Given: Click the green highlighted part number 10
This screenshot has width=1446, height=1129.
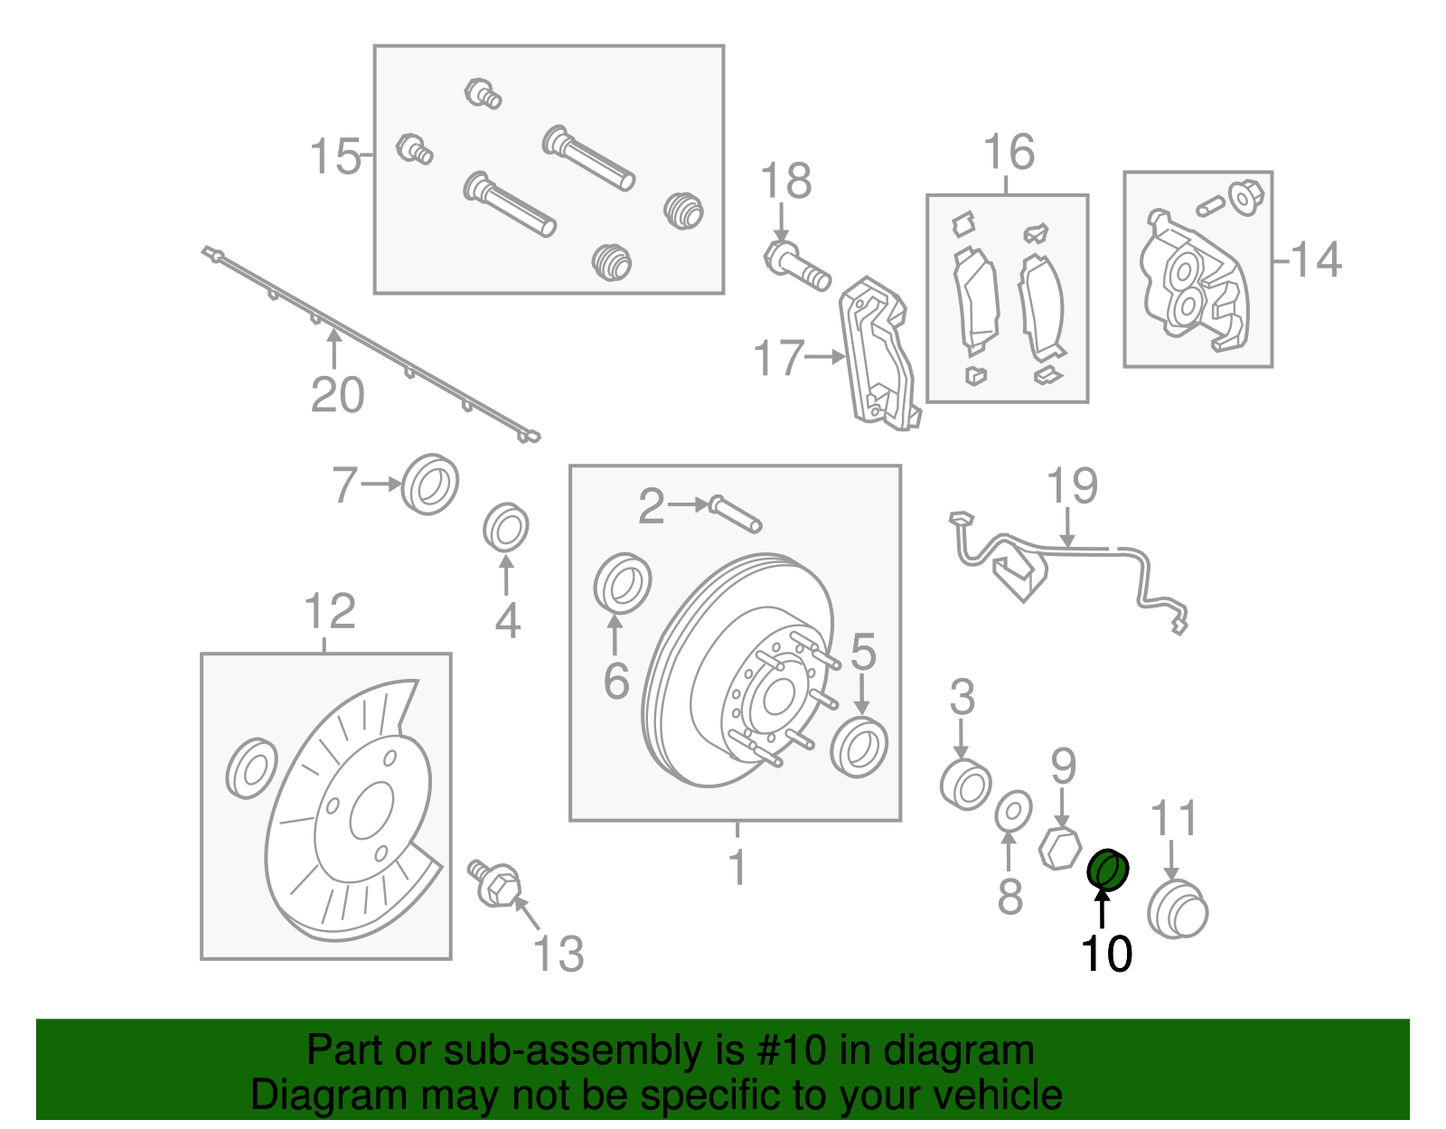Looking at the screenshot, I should click(x=1107, y=870).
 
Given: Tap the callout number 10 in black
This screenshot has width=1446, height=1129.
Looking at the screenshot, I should click(x=1106, y=954).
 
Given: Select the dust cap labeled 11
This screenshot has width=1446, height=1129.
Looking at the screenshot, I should click(x=1177, y=909).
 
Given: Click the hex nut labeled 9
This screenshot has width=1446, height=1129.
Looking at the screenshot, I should click(x=1060, y=847).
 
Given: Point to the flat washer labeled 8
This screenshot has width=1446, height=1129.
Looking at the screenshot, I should click(x=1013, y=811).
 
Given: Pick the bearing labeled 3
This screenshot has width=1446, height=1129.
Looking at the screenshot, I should click(x=965, y=785).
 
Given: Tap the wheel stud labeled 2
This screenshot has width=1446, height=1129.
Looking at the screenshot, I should click(x=736, y=513).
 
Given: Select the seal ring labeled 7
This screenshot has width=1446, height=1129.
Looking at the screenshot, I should click(x=429, y=485).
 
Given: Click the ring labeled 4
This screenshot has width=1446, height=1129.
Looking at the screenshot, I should click(x=505, y=527).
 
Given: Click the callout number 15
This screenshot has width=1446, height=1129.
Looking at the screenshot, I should click(x=334, y=156).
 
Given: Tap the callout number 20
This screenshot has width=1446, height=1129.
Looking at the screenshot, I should click(x=337, y=395).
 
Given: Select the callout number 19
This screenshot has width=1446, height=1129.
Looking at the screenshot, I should click(x=1072, y=486).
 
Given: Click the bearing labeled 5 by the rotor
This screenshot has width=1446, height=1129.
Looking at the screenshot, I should click(x=859, y=747).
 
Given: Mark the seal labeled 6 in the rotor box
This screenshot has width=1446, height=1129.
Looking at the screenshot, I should click(x=623, y=584).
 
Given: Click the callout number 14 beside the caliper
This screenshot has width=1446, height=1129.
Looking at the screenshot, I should click(x=1316, y=260).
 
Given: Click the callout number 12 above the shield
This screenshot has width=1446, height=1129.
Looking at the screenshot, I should click(x=330, y=612).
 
